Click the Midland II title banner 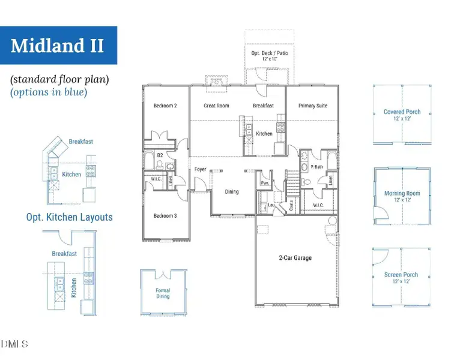[58, 45]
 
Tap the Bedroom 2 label [165, 106]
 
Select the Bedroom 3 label [165, 215]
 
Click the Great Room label [216, 106]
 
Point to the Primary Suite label [313, 106]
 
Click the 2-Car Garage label [295, 258]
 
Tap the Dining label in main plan [232, 192]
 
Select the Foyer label [201, 169]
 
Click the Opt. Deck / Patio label [269, 53]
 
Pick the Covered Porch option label [402, 112]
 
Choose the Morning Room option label [402, 193]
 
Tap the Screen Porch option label [402, 275]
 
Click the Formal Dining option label [163, 293]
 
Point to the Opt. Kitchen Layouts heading [69, 217]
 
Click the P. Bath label [317, 167]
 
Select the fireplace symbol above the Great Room [214, 81]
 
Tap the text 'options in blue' [48, 92]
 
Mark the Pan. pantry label [264, 182]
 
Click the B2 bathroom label [160, 155]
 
